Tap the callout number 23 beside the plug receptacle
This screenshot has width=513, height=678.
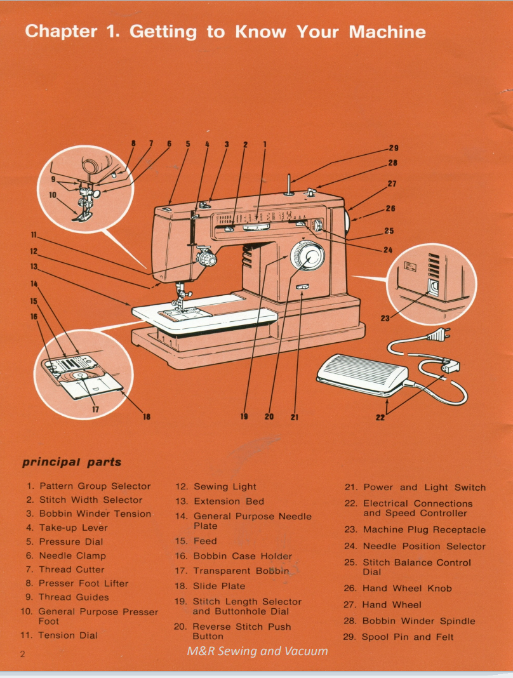pyautogui.click(x=384, y=319)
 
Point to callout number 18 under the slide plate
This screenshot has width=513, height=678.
pyautogui.click(x=147, y=416)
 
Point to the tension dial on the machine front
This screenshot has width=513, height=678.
pyautogui.click(x=206, y=259)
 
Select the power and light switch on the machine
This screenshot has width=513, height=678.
pyautogui.click(x=302, y=289)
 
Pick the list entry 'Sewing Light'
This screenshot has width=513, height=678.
pyautogui.click(x=224, y=487)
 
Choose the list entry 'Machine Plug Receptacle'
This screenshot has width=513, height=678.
pyautogui.click(x=423, y=529)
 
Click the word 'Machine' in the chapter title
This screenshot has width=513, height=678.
pyautogui.click(x=387, y=32)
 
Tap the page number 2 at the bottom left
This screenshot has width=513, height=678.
pyautogui.click(x=22, y=655)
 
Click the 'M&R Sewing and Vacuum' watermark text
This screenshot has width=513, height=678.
pyautogui.click(x=257, y=651)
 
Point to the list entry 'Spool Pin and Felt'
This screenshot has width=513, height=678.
pyautogui.click(x=408, y=637)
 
